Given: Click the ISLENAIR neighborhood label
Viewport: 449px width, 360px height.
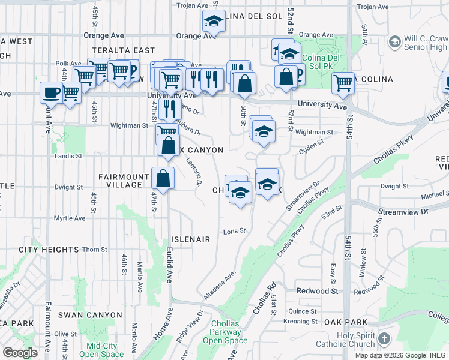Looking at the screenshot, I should point(191,239).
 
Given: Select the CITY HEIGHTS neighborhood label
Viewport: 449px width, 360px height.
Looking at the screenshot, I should point(49,249).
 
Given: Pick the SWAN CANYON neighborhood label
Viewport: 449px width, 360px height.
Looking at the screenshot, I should point(85,314).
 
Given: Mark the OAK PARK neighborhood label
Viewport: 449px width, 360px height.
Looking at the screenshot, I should point(341,322).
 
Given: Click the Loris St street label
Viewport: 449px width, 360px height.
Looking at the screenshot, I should point(235,231).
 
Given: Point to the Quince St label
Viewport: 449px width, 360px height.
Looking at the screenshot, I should point(302,311).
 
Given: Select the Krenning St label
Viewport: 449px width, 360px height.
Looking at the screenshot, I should point(301,322).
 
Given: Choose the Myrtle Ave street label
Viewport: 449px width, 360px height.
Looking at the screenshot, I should point(68,218).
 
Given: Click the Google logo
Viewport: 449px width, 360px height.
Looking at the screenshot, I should point(20,353).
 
